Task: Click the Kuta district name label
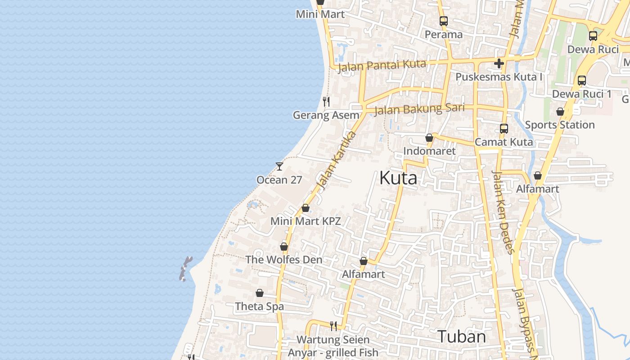tap(398, 178)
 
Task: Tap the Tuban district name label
tap(461, 337)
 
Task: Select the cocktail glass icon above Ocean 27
tap(279, 166)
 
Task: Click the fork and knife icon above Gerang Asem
tap(326, 102)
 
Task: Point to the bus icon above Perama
tap(444, 21)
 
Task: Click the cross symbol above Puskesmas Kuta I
tap(499, 63)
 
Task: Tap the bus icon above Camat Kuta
tap(504, 129)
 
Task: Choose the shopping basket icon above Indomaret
tap(429, 138)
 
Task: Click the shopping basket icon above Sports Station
tap(560, 112)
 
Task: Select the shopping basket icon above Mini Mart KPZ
tap(306, 208)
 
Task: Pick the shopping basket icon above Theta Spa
tap(260, 293)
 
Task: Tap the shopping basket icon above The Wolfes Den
tap(284, 247)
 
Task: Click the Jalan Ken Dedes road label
tap(503, 211)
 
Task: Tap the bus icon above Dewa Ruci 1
tap(582, 81)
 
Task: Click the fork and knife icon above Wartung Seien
tap(333, 326)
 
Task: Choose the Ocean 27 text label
tap(279, 180)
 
